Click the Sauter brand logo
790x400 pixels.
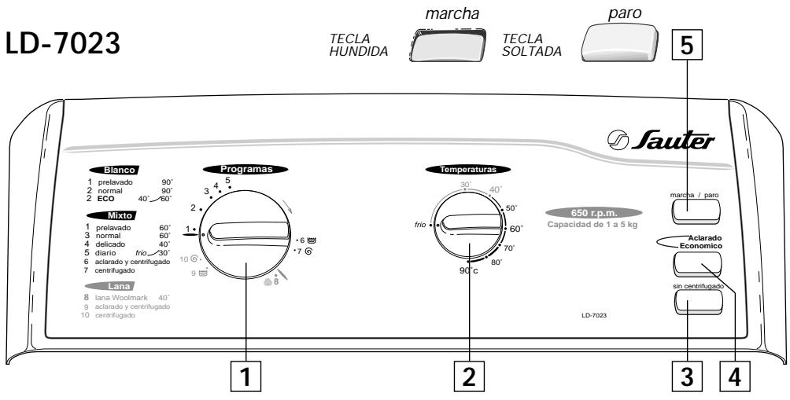tap(666, 143)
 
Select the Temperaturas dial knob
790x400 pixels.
tap(469, 229)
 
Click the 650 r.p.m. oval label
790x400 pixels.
tap(591, 212)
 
